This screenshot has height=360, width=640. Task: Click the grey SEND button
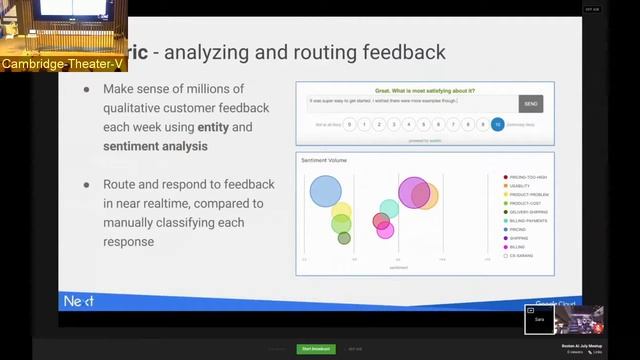click(530, 103)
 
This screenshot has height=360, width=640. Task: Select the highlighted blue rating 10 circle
click(497, 125)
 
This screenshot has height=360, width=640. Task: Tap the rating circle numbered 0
click(349, 125)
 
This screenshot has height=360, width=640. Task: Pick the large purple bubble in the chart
click(414, 192)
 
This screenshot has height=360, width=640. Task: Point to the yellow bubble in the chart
click(342, 212)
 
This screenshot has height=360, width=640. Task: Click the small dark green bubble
click(344, 238)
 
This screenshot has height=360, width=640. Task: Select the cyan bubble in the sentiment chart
click(389, 209)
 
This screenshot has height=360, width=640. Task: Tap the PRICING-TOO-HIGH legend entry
click(527, 177)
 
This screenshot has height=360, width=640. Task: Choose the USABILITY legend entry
click(520, 186)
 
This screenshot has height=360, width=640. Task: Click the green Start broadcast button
click(316, 349)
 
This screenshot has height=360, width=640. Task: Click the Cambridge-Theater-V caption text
click(64, 65)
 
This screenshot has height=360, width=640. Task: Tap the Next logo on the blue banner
click(79, 300)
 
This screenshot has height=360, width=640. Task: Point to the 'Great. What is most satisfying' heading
click(425, 89)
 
